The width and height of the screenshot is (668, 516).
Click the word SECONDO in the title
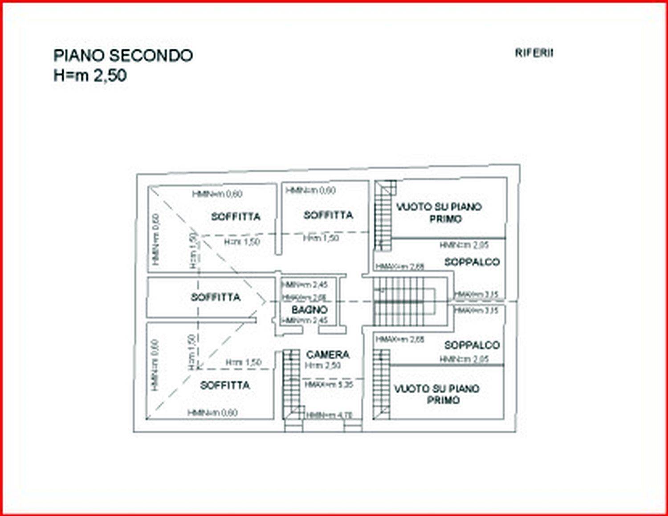pos(151,56)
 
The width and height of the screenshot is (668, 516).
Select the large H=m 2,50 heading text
pos(90,75)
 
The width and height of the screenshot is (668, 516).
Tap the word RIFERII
pos(534,53)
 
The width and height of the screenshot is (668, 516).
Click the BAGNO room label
pos(310,309)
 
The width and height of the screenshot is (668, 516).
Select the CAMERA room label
pos(328,355)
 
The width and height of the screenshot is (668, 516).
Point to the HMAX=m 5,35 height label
pos(329,384)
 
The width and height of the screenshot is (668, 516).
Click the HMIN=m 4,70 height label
pos(330,415)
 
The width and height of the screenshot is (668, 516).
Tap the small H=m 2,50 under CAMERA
pos(323,366)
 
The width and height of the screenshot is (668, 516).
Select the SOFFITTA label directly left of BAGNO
pos(216,297)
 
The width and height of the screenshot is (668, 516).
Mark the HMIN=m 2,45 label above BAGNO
pos(305,285)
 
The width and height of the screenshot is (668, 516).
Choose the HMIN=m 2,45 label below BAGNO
pos(305,320)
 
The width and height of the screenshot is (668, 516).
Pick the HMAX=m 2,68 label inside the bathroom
pos(305,297)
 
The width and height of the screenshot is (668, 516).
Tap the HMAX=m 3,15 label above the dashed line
pos(476,294)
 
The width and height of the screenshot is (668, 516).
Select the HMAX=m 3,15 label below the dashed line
pos(476,310)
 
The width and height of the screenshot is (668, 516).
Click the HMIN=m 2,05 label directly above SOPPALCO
pos(464,245)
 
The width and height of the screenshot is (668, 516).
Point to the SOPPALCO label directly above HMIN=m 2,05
pos(472,345)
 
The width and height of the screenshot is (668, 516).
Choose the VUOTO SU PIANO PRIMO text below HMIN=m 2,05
pos(437,394)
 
